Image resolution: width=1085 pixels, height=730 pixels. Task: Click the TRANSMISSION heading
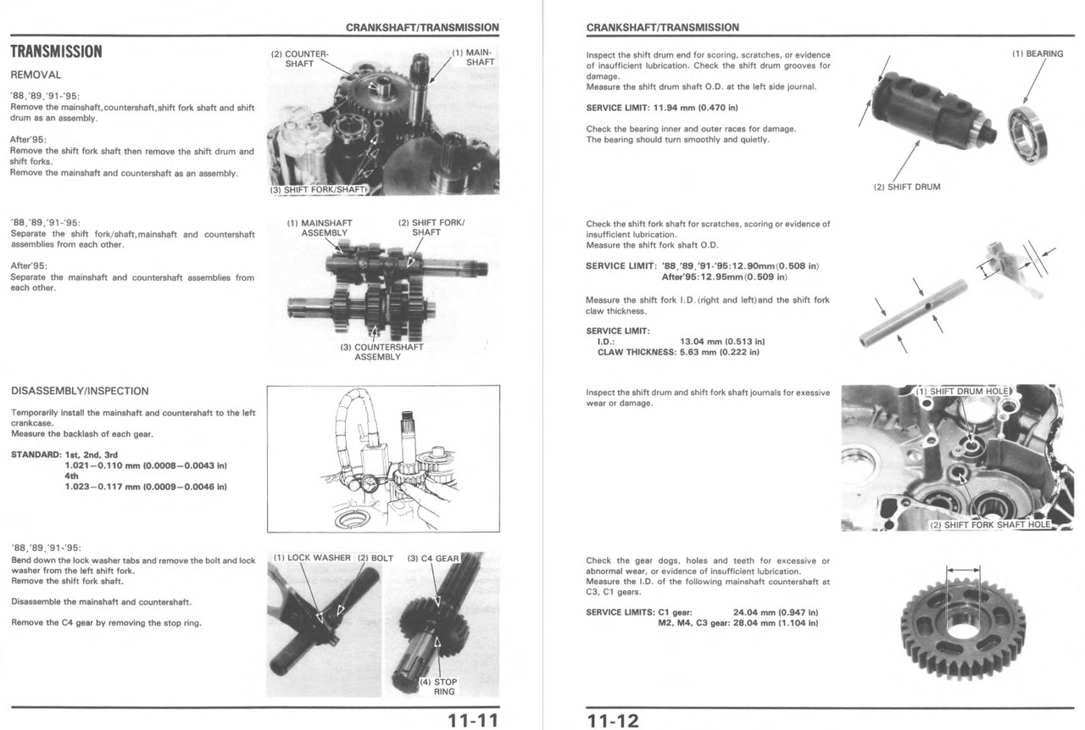tap(56, 52)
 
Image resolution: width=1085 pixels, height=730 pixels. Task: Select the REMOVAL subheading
tap(36, 75)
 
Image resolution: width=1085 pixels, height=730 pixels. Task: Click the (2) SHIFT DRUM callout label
tap(906, 187)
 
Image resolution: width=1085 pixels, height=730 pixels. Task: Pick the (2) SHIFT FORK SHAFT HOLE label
tap(990, 525)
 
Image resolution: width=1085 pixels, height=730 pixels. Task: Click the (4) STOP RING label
tap(438, 686)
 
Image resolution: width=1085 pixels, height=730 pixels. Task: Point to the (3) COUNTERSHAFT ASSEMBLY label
tap(377, 352)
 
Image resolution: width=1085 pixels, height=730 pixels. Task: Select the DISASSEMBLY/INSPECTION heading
tap(80, 391)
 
